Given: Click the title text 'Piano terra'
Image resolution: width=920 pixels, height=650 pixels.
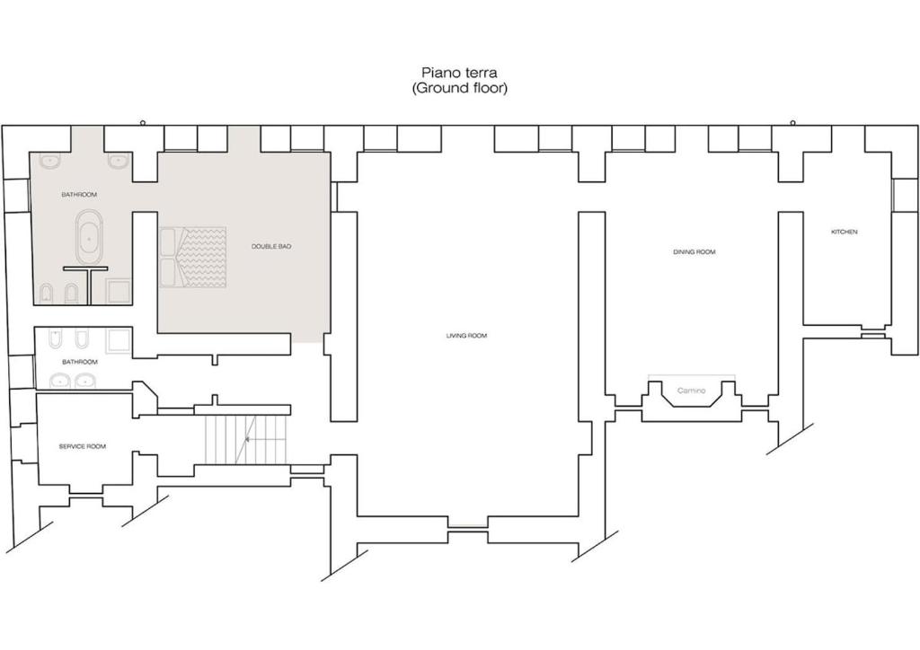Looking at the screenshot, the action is pos(459,73).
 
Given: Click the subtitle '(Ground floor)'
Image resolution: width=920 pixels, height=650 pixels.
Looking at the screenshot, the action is pos(459,89).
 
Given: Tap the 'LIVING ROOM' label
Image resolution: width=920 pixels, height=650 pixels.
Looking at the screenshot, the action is pos(466,336).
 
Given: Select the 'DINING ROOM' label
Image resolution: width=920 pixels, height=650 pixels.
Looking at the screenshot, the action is pos(694,252).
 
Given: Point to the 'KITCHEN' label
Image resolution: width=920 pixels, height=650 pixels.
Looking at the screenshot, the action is pos(845,233).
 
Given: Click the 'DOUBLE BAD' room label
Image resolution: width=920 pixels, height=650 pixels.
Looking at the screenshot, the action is pos(271,247).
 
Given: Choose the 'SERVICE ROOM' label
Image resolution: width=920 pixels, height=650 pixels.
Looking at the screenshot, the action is pos(83,446).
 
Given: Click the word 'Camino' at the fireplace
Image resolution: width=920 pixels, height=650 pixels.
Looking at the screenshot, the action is pos(691,391).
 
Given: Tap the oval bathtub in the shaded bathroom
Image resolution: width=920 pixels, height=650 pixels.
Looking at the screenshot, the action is pos(90,238).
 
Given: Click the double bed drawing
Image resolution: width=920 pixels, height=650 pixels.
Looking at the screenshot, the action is pos(192,258).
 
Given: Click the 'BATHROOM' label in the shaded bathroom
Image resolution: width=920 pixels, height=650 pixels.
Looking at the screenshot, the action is pos(79,195).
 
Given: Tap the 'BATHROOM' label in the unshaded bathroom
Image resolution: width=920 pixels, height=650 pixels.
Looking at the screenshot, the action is pos(80,362).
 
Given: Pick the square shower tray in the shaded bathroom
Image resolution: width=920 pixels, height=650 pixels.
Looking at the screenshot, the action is pos(119,292).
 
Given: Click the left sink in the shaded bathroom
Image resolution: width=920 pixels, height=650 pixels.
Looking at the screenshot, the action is pos(50,161).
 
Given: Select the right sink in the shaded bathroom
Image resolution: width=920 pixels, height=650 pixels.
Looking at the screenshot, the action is pos(119,161).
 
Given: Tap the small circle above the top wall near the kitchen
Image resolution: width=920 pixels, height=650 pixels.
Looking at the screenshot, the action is pos(792,123).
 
